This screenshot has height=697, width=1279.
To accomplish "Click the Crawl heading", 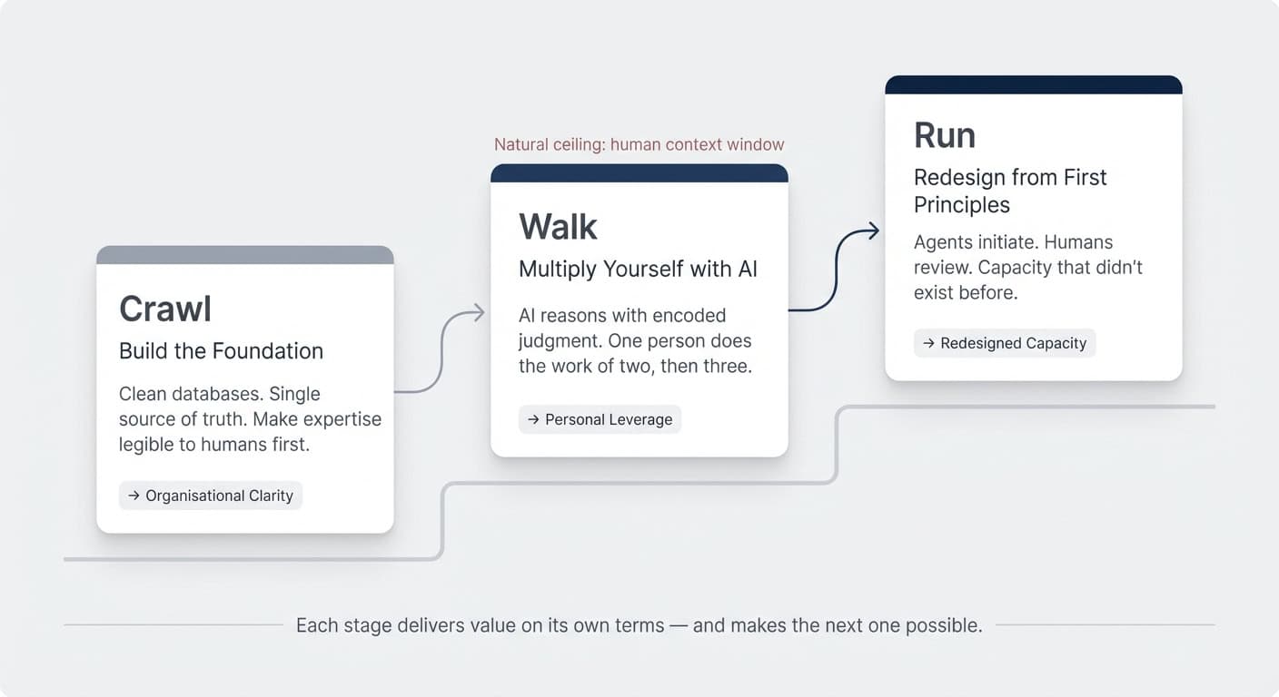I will (x=165, y=309).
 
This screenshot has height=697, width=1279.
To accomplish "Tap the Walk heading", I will (x=558, y=227).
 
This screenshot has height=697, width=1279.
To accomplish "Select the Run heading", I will (x=945, y=135).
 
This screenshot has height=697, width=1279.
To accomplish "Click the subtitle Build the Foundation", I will (x=221, y=351).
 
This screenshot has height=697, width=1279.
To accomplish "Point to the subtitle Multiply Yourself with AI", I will (x=638, y=270).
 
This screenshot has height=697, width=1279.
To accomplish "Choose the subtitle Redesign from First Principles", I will (x=1009, y=191).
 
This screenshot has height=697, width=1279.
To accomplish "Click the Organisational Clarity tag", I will (x=211, y=496).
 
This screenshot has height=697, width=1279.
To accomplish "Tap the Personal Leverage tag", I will (x=600, y=419).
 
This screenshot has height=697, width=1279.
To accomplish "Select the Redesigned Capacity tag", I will (x=1005, y=343).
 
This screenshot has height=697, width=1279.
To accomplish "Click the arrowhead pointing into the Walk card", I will (x=478, y=314).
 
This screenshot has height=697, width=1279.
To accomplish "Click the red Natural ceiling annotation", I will (x=639, y=144).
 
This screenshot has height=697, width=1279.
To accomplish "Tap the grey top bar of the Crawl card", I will (x=245, y=255).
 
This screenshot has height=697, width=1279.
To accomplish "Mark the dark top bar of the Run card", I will (x=1034, y=84).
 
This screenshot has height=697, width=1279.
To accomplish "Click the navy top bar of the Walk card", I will (x=639, y=173).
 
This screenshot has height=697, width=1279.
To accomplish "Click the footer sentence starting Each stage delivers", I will (x=639, y=625).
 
